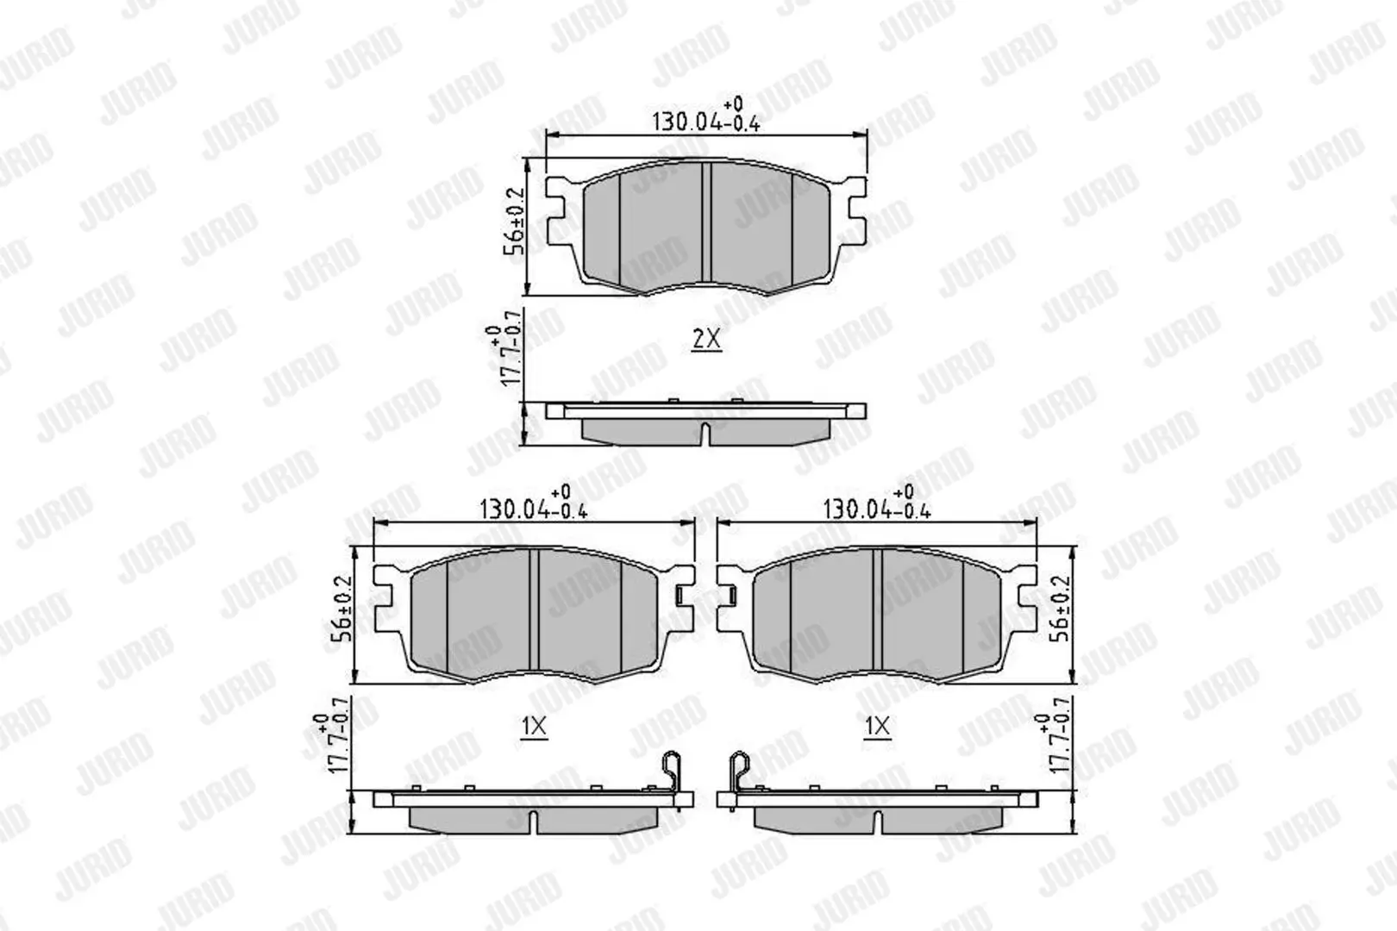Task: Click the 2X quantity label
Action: coord(706,340)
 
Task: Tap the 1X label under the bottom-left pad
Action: coord(534,727)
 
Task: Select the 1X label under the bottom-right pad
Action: coord(878,727)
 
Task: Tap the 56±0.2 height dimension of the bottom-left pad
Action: coord(341,608)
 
